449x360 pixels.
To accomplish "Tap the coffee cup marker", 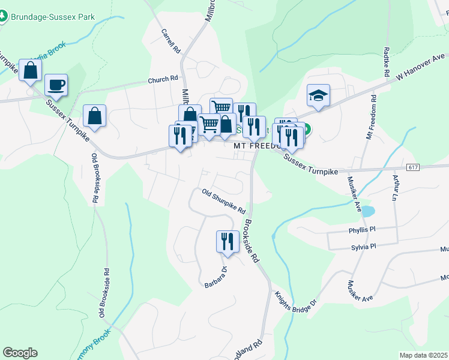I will pyautogui.click(x=56, y=85).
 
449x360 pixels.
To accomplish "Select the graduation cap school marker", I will pyautogui.click(x=319, y=95).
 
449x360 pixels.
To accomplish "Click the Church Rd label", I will pyautogui.click(x=163, y=79).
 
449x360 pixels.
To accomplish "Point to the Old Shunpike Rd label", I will pyautogui.click(x=224, y=202).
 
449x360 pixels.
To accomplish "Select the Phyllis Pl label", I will pyautogui.click(x=361, y=229).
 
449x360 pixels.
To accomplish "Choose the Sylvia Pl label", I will pyautogui.click(x=363, y=247).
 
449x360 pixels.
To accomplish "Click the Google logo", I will pyautogui.click(x=20, y=353).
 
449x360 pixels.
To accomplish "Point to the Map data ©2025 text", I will pyautogui.click(x=423, y=355).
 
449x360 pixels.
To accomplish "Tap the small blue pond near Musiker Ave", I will pyautogui.click(x=367, y=211).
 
